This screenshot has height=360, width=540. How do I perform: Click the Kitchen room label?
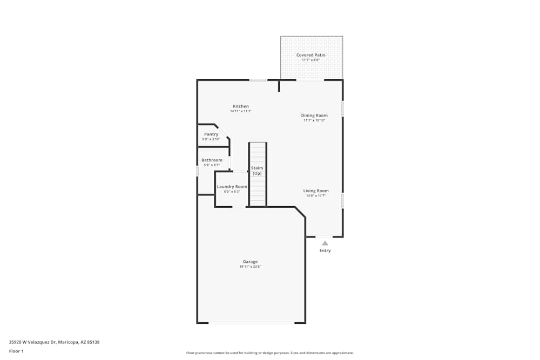241,106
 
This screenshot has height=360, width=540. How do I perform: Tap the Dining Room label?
314,116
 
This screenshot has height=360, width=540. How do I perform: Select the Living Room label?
316,191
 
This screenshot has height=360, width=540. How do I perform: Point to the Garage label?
250,262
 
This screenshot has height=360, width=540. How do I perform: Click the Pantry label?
211,134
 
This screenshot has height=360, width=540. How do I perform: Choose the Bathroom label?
212,160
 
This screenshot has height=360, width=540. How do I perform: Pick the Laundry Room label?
232,187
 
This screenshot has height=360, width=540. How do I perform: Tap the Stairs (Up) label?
257,171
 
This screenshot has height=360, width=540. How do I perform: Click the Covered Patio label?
311,55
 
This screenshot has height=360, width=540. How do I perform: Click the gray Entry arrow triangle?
325,243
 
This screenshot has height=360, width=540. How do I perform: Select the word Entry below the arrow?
325,250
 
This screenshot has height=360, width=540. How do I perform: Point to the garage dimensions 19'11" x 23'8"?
250,267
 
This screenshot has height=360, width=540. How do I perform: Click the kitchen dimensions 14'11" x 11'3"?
241,111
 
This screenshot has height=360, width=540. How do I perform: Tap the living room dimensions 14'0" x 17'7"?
316,195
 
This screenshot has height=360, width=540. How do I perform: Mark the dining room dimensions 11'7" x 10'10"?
314,120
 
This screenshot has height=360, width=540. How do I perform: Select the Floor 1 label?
16,351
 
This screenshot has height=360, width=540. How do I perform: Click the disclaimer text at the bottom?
270,353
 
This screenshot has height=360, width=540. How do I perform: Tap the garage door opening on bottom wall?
251,323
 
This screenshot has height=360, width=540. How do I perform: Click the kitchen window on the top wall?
258,80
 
